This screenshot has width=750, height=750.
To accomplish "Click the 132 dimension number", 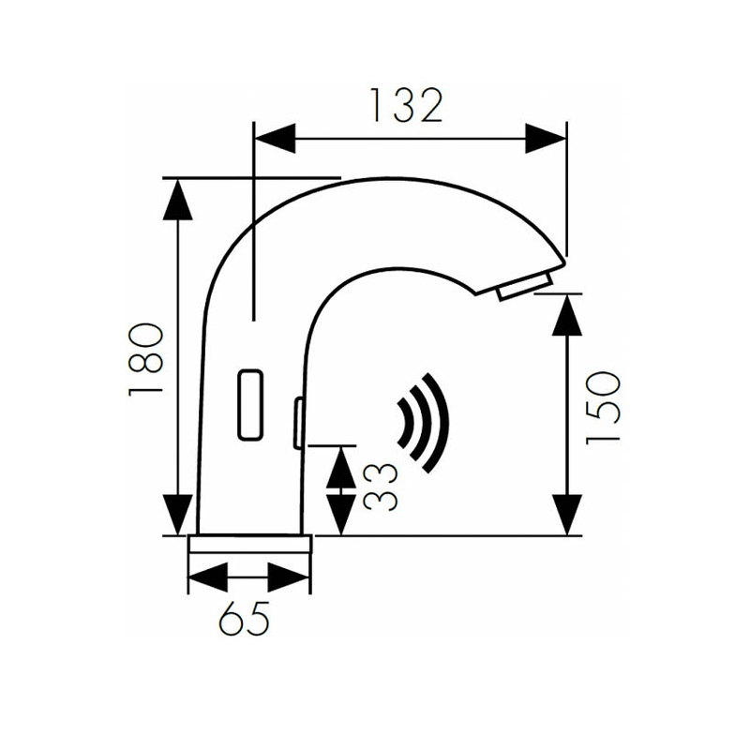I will point(405,106).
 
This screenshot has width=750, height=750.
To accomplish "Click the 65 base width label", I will point(245,618).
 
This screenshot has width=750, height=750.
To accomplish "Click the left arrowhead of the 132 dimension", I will point(274,139).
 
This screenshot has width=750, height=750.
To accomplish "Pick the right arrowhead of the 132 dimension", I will point(546,139).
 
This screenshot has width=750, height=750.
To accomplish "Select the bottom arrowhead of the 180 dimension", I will point(178,514).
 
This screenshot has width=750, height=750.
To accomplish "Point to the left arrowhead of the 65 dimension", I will point(209,576).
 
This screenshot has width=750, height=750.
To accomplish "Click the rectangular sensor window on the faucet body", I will point(250,403).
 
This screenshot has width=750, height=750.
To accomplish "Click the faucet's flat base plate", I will point(249,545).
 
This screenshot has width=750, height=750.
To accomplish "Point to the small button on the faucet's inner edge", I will point(297,422).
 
